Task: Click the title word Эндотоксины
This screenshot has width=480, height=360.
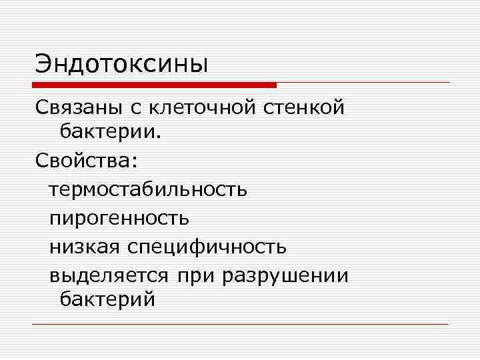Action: click(122, 64)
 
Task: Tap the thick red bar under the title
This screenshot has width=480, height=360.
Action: click(153, 85)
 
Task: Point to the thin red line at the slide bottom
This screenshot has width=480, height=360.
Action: click(240, 325)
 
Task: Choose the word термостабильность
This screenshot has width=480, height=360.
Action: click(147, 189)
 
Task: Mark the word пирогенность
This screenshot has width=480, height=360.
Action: click(119, 218)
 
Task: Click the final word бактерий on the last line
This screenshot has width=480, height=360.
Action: click(107, 301)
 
